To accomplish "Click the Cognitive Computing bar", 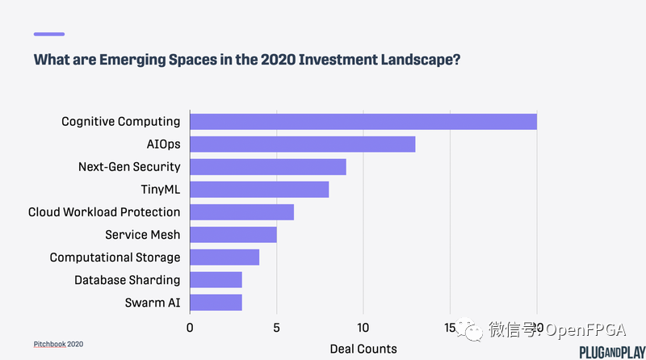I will click(x=363, y=122).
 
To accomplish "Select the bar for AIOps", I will click(x=302, y=144).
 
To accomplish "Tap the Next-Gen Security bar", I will click(x=267, y=167).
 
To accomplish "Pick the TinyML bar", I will click(x=259, y=190).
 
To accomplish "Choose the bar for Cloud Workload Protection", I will click(x=241, y=212).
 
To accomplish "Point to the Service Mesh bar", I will click(x=233, y=235).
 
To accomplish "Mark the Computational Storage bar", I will click(x=224, y=257).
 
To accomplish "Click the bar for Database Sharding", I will click(x=216, y=280).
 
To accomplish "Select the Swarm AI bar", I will click(x=216, y=303).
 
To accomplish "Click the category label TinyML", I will click(x=160, y=190).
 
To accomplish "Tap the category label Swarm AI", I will click(x=151, y=303).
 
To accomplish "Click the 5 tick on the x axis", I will click(x=276, y=328).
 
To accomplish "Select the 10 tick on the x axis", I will click(x=363, y=328).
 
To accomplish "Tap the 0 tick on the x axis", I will click(x=190, y=328).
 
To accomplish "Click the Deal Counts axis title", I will click(x=363, y=349).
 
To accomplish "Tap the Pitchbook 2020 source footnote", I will click(x=58, y=344).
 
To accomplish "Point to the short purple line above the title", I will click(x=48, y=34).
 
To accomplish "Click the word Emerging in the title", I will click(x=120, y=60).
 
